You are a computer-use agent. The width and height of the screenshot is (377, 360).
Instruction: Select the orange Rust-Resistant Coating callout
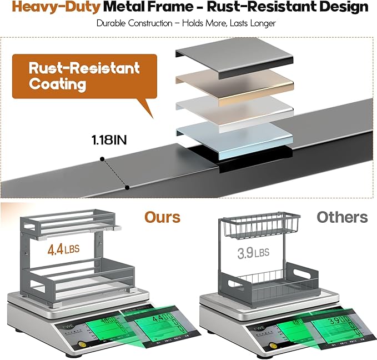[x=77, y=76]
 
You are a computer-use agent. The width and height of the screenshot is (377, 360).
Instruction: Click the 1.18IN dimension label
[x=109, y=140]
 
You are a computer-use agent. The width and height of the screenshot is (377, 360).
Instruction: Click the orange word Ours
[x=163, y=217]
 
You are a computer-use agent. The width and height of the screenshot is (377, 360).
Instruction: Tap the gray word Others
[x=342, y=217]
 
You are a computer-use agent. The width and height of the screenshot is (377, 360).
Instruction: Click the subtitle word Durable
[x=115, y=23]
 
